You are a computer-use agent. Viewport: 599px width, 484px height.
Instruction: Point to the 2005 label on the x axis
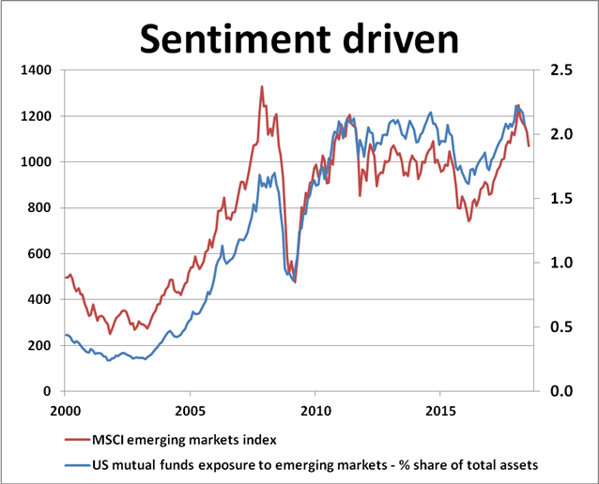[x=190, y=411]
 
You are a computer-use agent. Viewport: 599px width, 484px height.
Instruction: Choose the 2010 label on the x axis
[x=315, y=411]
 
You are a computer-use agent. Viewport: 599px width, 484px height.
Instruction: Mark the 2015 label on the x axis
[x=439, y=411]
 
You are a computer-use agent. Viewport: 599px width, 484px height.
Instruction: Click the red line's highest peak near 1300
[x=262, y=87]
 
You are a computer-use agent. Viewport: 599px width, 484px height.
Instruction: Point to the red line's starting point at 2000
[x=65, y=278]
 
